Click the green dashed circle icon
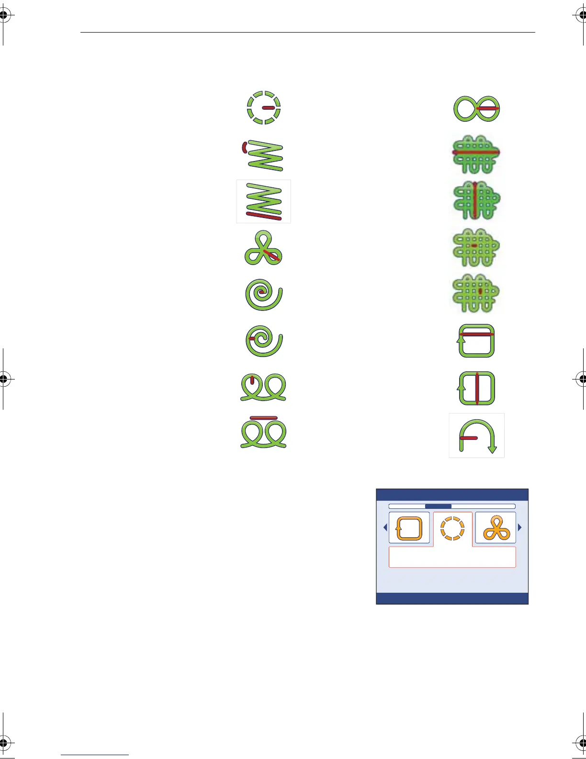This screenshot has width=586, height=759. click(263, 107)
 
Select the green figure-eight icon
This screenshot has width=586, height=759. click(476, 108)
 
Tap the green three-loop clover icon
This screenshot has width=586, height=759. click(263, 248)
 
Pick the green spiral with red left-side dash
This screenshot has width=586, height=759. click(264, 341)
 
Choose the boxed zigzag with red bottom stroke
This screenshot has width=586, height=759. click(264, 202)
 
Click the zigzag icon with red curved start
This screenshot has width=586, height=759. click(264, 155)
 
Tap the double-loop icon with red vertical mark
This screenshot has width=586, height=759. click(263, 388)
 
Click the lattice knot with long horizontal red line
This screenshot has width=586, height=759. click(476, 154)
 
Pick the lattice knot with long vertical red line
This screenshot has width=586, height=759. click(476, 200)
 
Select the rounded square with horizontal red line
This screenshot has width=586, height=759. click(476, 341)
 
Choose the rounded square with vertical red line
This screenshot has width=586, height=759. click(476, 388)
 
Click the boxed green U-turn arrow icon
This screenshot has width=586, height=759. click(477, 436)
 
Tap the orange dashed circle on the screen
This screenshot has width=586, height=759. click(452, 529)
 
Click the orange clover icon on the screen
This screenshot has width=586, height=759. click(496, 529)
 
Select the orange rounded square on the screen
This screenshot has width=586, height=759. click(409, 528)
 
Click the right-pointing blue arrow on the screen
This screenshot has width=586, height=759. click(520, 528)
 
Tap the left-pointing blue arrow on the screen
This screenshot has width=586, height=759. click(385, 528)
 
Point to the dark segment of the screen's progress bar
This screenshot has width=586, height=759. click(438, 506)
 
